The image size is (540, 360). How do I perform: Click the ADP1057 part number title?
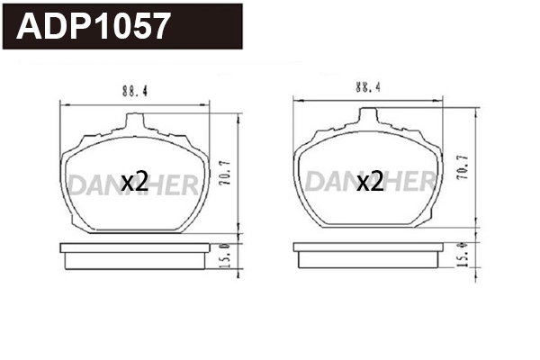[x=94, y=26]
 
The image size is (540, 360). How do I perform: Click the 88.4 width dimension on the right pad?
[x=364, y=87]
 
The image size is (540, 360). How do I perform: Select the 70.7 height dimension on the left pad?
[x=225, y=171]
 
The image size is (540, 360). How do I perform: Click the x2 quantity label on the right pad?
[x=369, y=183]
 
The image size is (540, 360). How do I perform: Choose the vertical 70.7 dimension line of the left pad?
[x=236, y=171]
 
